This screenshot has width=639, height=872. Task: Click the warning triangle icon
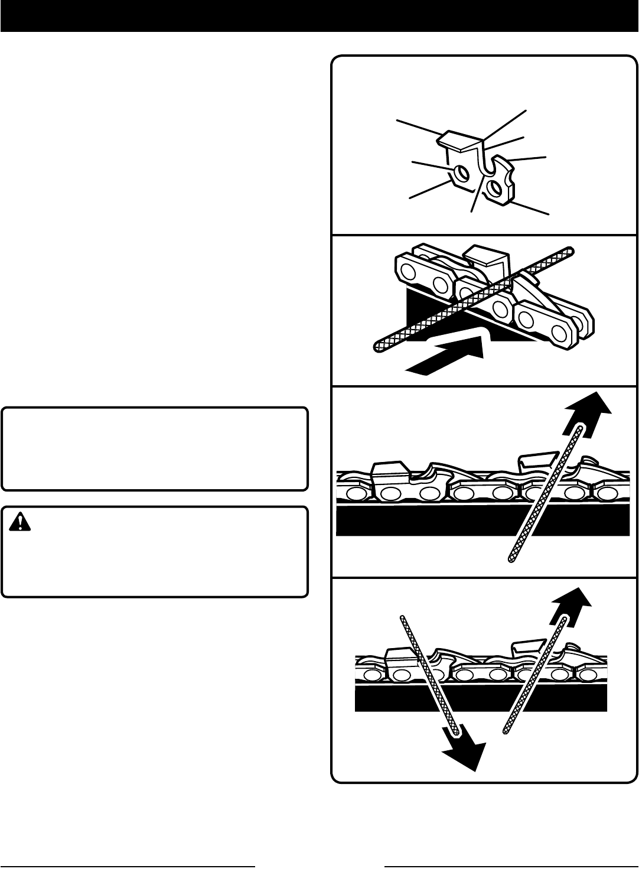pos(21,520)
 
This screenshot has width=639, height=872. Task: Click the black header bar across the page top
pos(319,15)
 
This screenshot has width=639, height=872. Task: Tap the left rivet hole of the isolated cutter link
pos(461,173)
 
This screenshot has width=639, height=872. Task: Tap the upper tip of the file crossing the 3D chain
pos(569,250)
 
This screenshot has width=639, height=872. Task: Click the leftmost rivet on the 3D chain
pos(407,272)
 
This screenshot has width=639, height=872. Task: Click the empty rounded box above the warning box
pos(155,448)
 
